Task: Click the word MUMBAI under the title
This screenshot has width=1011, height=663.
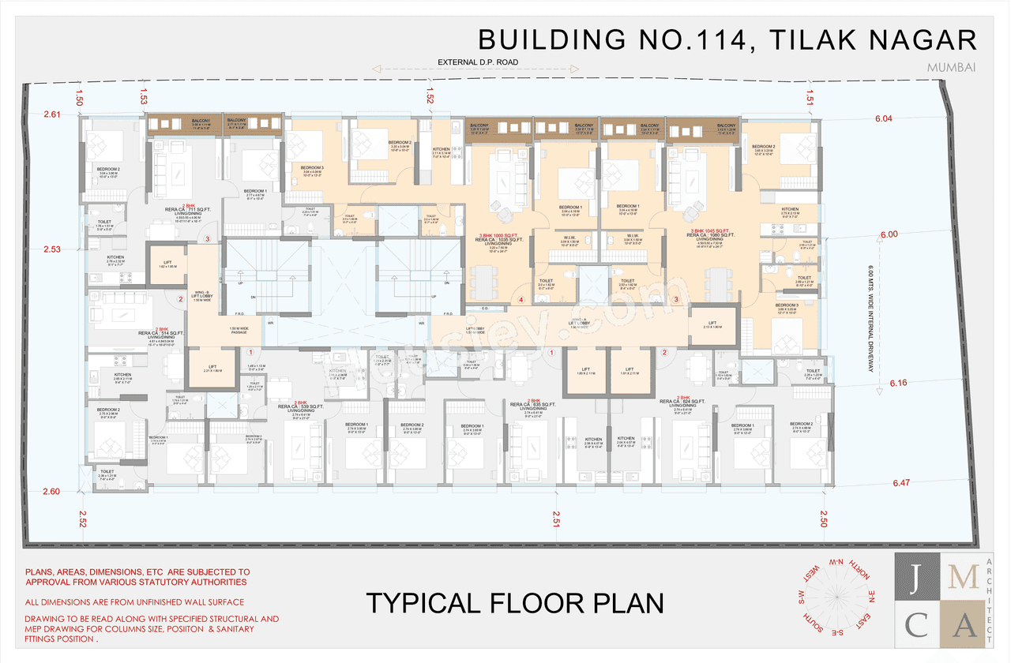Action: (952, 67)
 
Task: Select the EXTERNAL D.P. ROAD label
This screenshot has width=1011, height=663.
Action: (478, 62)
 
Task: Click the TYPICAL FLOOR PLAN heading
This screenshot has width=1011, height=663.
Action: (514, 604)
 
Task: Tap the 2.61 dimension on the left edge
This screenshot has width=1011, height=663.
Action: (52, 114)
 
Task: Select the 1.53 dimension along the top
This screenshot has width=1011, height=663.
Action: (144, 97)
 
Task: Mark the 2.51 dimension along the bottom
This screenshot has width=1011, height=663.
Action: (556, 518)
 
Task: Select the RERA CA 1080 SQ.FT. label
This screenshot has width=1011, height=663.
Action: (711, 235)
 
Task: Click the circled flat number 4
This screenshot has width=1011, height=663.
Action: (521, 300)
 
